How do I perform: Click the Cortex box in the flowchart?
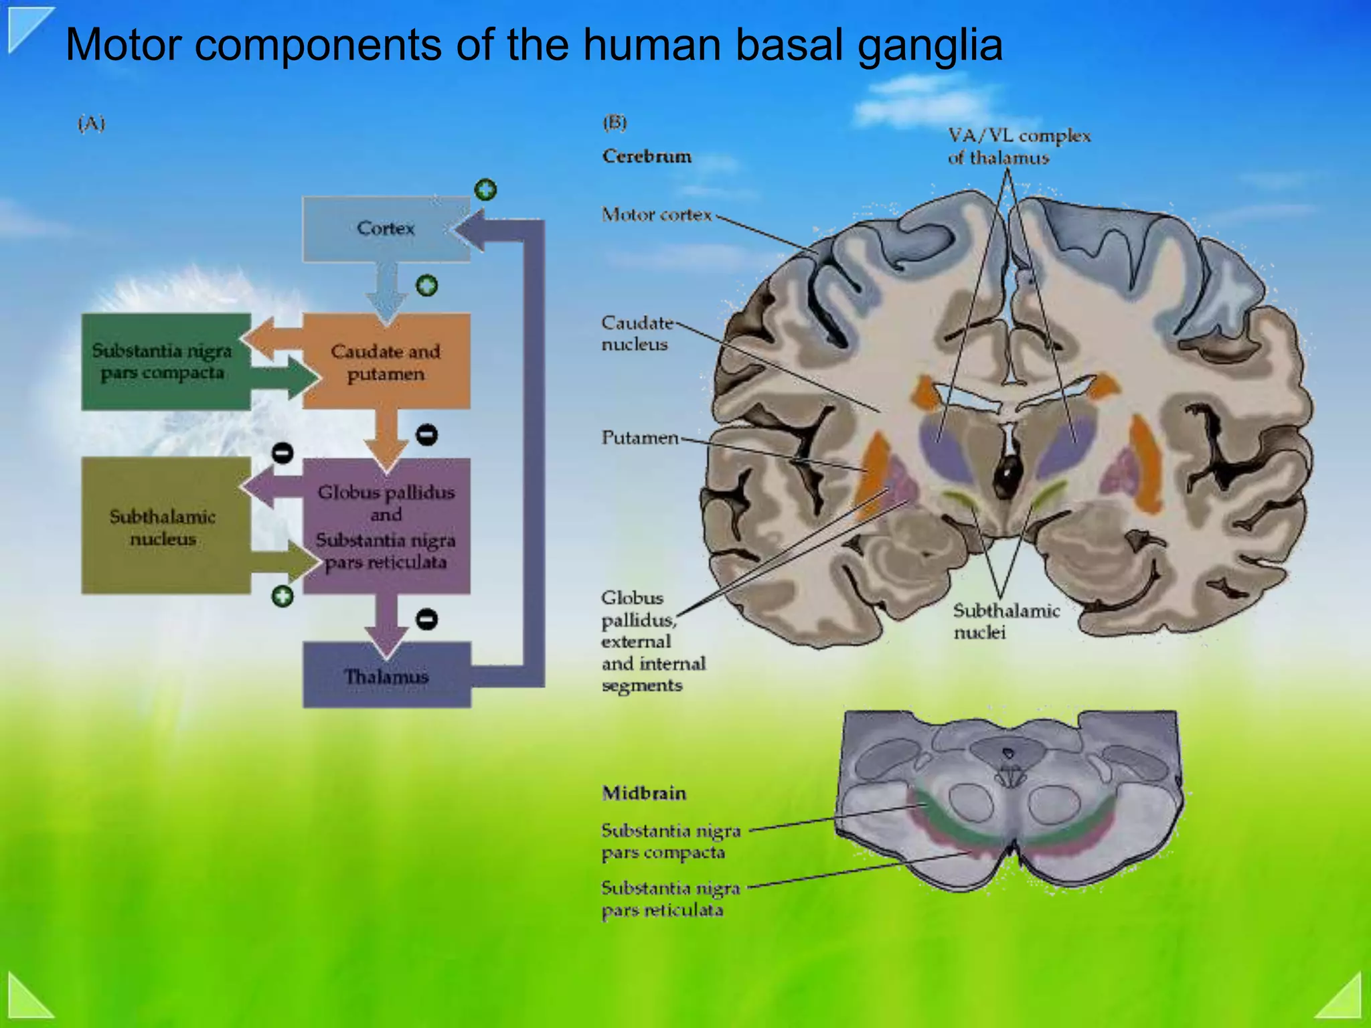click(x=386, y=229)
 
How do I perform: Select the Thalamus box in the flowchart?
click(x=386, y=676)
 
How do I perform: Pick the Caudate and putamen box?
click(x=386, y=362)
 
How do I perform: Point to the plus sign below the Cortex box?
click(x=426, y=286)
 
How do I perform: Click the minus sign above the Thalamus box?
click(x=426, y=619)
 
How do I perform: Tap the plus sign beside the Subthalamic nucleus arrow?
click(x=283, y=596)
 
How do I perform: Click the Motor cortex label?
click(x=656, y=215)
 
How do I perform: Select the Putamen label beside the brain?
click(x=639, y=438)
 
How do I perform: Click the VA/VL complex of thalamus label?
click(x=1018, y=147)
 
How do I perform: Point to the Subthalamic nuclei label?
click(x=1005, y=621)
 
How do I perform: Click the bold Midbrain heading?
click(x=644, y=793)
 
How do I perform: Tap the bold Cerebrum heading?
click(x=647, y=157)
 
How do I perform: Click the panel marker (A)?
click(x=92, y=124)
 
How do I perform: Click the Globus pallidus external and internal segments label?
click(x=653, y=641)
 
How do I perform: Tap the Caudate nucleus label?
click(x=636, y=333)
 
